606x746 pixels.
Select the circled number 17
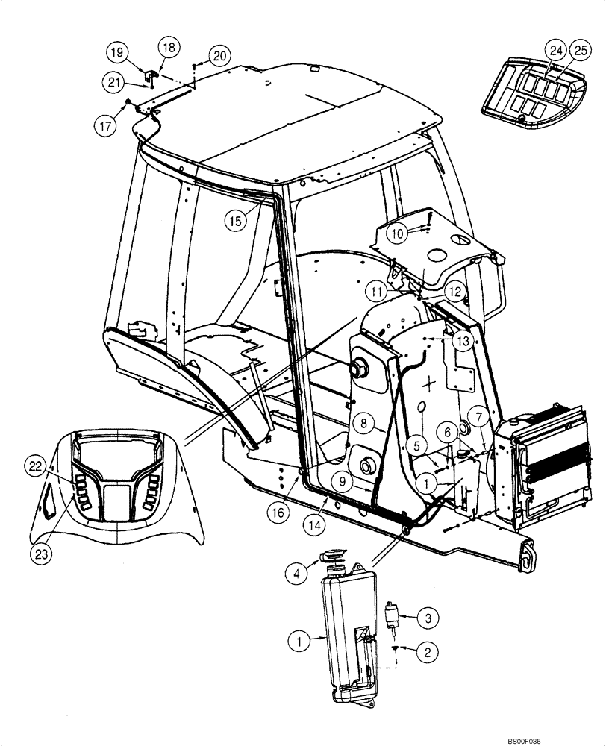pyautogui.click(x=107, y=126)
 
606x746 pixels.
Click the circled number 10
pyautogui.click(x=399, y=233)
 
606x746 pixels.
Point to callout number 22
pyautogui.click(x=35, y=466)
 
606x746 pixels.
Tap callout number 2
pyautogui.click(x=427, y=653)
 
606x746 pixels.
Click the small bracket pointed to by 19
pyautogui.click(x=149, y=76)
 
